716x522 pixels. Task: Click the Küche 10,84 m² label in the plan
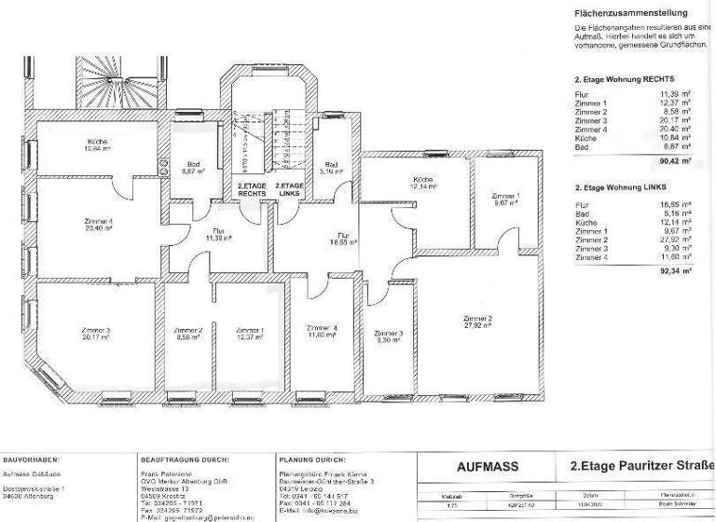click(95, 144)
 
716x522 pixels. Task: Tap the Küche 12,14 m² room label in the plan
click(425, 183)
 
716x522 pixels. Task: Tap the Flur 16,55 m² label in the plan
click(344, 239)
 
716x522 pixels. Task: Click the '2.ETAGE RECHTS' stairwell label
click(252, 190)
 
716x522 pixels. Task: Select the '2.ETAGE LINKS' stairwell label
click(290, 190)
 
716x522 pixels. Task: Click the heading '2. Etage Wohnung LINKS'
click(624, 187)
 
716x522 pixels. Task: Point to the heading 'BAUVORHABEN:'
click(32, 460)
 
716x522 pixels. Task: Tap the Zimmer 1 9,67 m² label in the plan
click(506, 199)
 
